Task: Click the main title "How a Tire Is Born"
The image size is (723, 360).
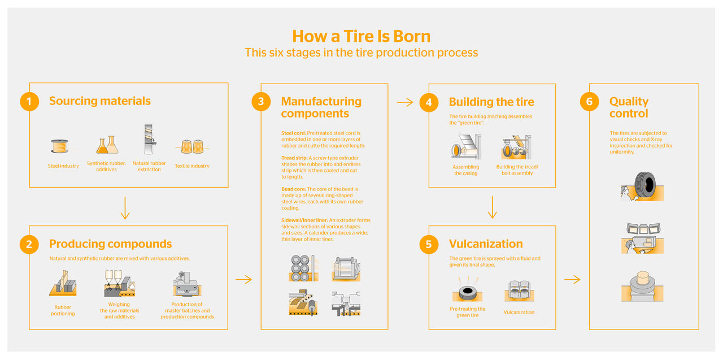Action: [361, 36]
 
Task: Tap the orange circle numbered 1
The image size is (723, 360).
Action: [29, 102]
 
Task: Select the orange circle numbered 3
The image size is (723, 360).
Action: [260, 102]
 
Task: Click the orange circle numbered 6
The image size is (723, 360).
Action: [589, 102]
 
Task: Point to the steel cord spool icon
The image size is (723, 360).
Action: [59, 146]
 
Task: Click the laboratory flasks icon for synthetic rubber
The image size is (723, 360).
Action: [106, 145]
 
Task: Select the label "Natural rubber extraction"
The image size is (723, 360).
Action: [149, 166]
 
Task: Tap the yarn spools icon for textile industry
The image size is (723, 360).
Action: [192, 146]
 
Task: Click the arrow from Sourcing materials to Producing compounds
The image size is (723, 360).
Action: [125, 207]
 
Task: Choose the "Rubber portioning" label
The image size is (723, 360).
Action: [63, 310]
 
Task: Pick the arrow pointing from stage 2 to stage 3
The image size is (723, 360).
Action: [243, 279]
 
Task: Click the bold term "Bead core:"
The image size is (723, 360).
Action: [294, 189]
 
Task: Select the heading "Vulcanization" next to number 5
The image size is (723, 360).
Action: [486, 244]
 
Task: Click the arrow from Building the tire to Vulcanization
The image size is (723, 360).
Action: [493, 207]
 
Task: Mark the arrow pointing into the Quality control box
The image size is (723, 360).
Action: [572, 279]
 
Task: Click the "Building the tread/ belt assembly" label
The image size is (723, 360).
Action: [517, 170]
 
